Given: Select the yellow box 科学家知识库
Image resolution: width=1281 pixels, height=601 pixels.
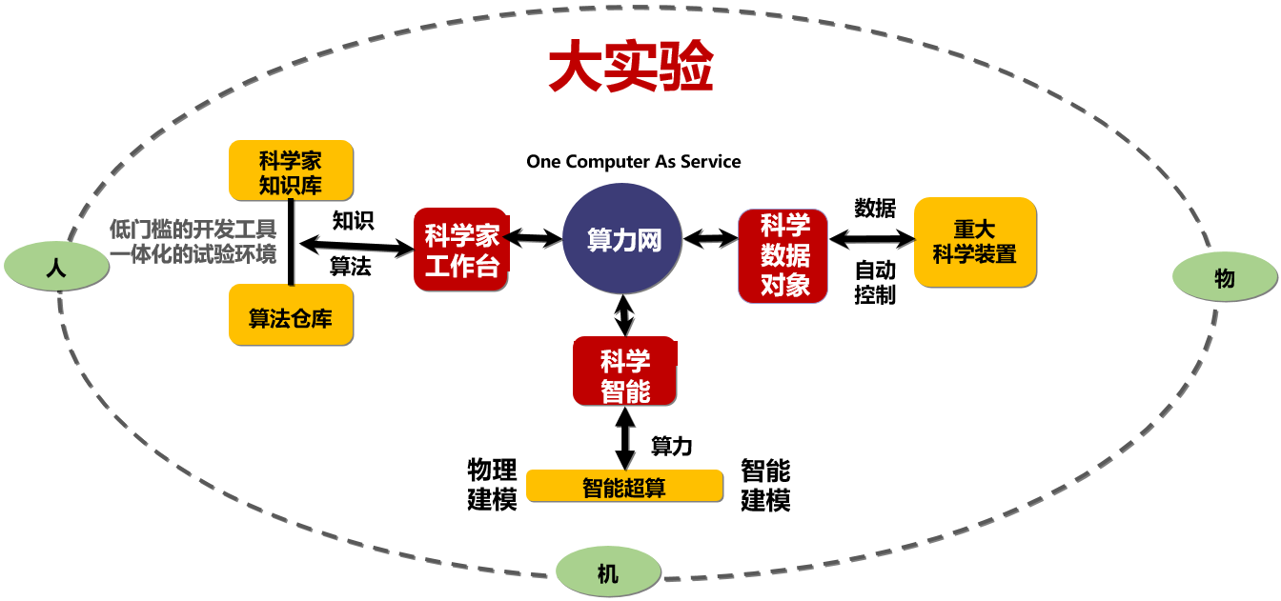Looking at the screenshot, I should coord(291,170).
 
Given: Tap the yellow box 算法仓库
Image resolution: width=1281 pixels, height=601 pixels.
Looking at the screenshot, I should coord(291,317).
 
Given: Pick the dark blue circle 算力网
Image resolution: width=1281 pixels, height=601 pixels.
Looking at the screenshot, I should coord(623,239).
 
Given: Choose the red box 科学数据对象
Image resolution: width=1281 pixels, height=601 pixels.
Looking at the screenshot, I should coord(785,255).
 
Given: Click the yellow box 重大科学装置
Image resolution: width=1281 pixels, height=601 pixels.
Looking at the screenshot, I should coord(974,242).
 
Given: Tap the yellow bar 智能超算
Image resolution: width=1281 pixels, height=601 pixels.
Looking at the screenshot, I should coord(624,488).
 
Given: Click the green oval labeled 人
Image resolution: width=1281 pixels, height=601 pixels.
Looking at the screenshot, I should coord(56,268).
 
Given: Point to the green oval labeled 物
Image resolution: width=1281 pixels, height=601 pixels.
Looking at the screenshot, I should coord(1225,277).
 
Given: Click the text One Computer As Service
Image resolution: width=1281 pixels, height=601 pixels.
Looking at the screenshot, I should coord(633,161).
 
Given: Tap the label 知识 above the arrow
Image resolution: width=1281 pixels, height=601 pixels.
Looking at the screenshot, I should coord(353,221).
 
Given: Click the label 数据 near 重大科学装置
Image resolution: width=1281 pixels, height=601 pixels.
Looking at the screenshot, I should coord(874,209).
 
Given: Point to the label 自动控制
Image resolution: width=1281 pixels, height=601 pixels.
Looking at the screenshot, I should coord(874,282).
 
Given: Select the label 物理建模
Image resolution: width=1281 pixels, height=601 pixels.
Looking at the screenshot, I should coord(492,484).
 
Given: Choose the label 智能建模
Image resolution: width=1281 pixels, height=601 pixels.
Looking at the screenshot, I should coord(765,484).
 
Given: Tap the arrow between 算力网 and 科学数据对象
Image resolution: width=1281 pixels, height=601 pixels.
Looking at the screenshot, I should coord(710,238).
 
